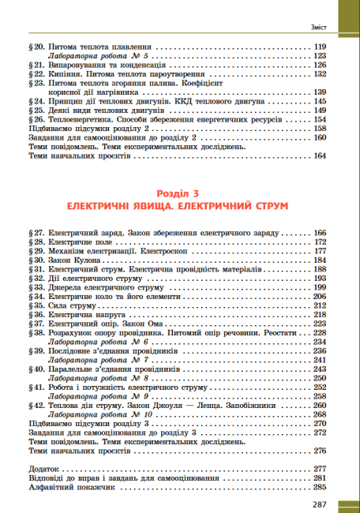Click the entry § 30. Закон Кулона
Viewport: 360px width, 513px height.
tap(75, 259)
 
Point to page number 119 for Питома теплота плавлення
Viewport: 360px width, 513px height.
tap(320, 48)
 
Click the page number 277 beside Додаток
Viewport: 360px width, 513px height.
tap(320, 469)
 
